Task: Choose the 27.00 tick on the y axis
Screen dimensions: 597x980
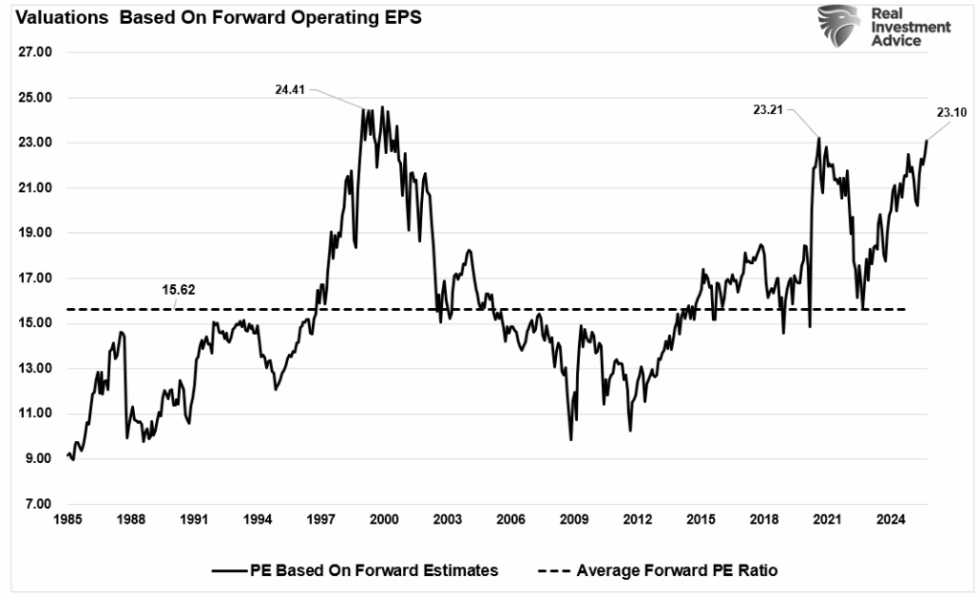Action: [x=34, y=53]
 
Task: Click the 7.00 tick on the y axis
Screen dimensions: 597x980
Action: [x=34, y=504]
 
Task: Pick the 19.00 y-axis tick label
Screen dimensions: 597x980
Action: [x=34, y=233]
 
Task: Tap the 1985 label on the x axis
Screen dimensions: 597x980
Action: [x=68, y=520]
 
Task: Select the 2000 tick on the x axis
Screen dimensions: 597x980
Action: [x=384, y=520]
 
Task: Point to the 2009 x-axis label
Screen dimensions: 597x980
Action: [x=573, y=520]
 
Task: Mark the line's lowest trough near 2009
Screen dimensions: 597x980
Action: [x=571, y=439]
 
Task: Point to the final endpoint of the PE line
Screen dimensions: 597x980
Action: [x=926, y=141]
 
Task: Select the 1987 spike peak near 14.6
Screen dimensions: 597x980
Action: [x=122, y=332]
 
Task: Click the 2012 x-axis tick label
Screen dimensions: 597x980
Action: [x=636, y=520]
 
